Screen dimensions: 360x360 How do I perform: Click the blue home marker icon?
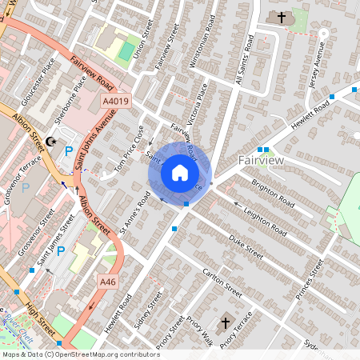point(180,172)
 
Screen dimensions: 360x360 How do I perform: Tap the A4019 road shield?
point(116,102)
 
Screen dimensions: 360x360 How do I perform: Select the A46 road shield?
point(108,282)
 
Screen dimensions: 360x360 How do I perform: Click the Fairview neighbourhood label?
point(260,161)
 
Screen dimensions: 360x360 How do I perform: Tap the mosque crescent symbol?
point(51,142)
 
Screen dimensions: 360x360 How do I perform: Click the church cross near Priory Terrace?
point(226,323)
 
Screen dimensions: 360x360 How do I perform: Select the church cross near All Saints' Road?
point(281,17)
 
